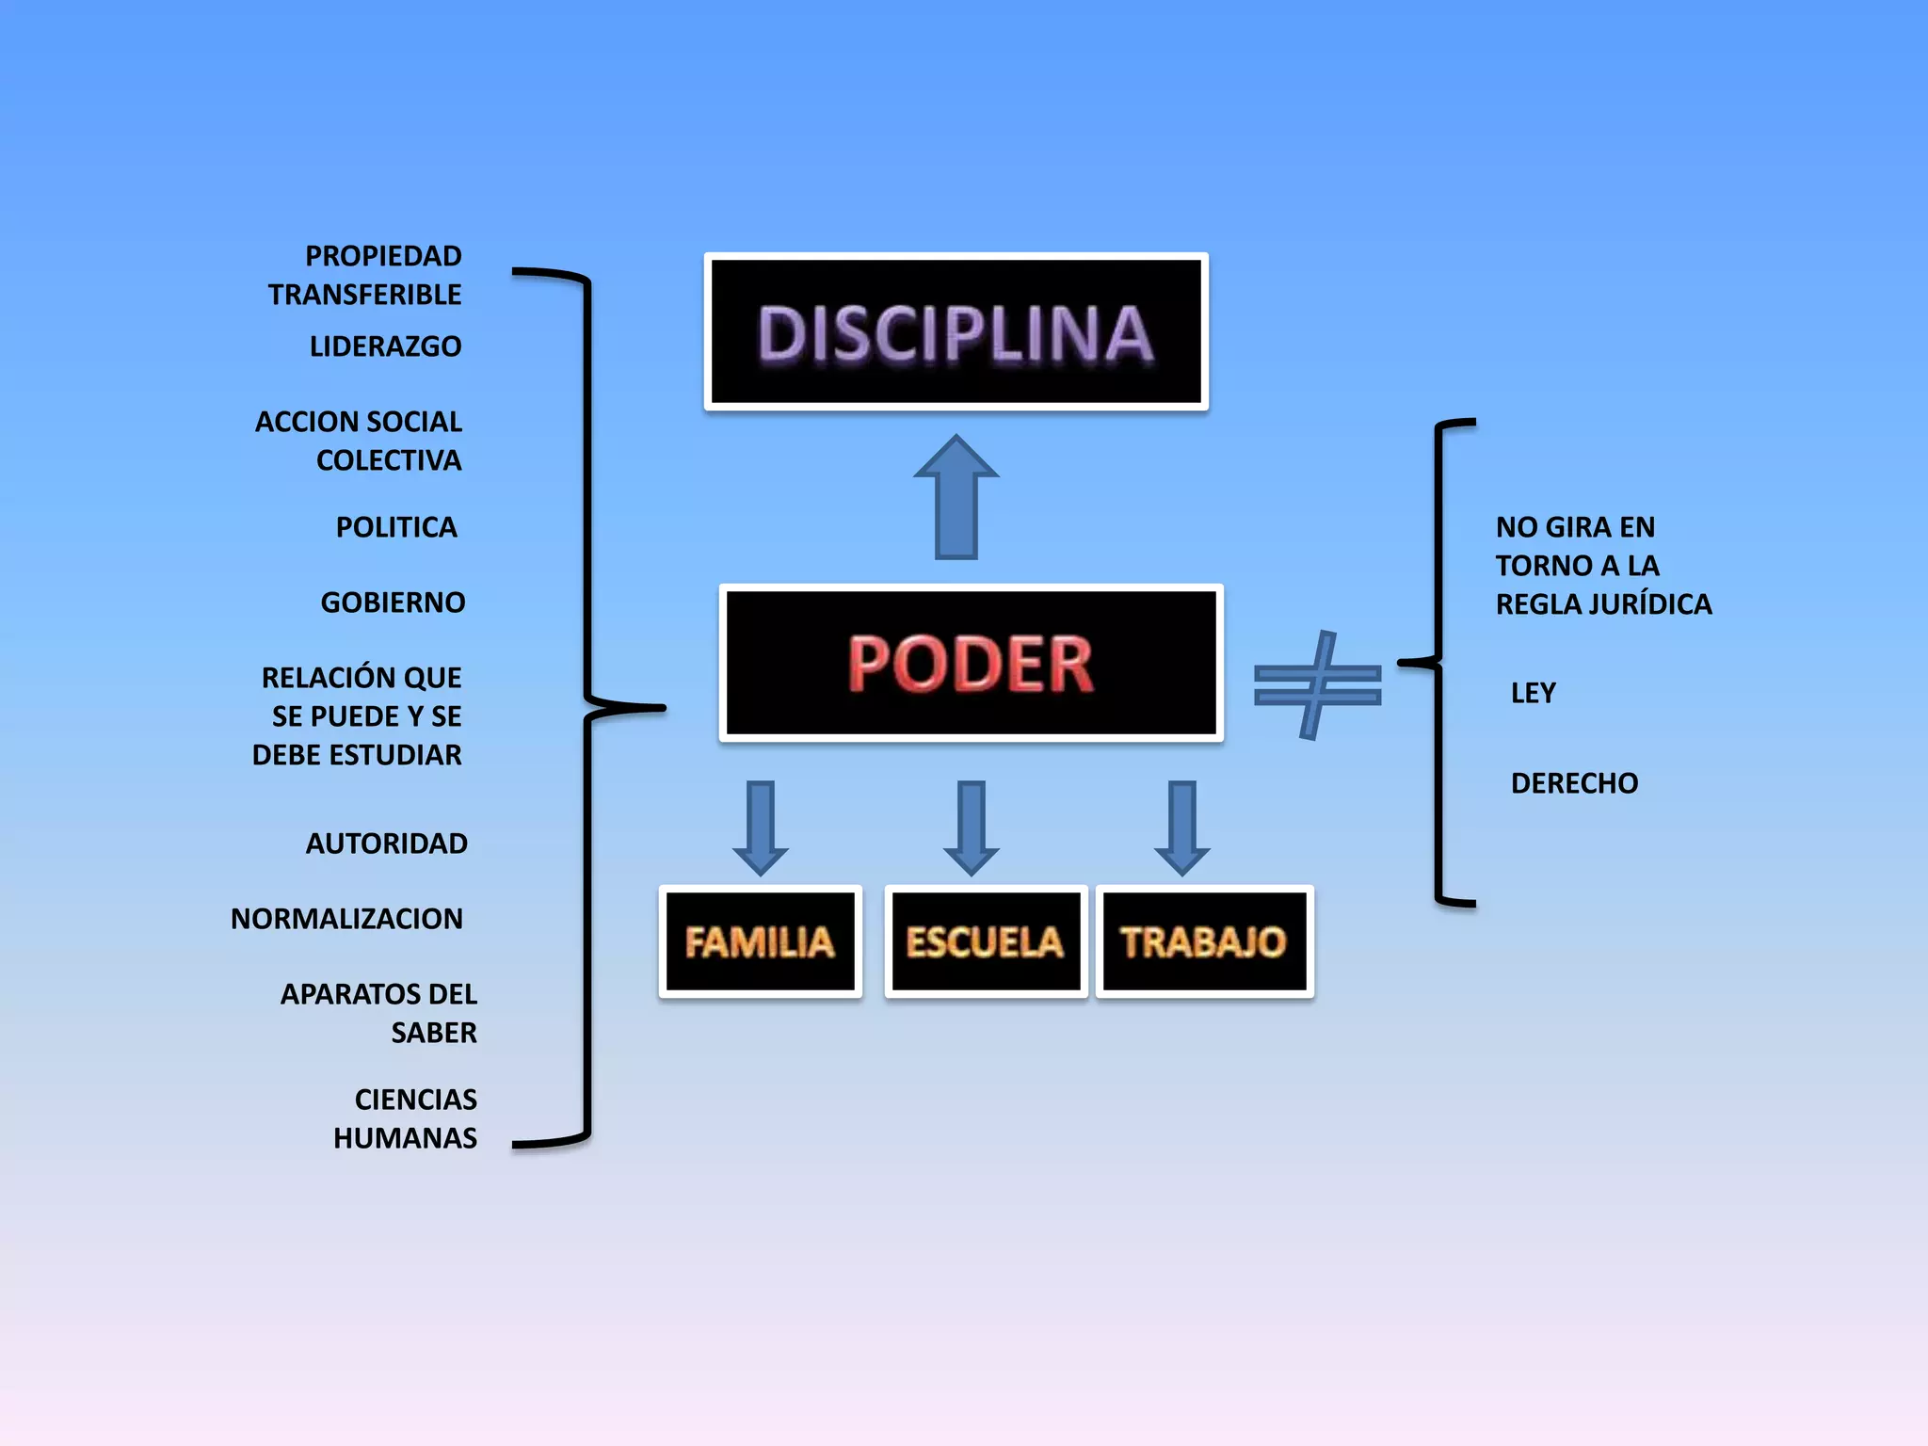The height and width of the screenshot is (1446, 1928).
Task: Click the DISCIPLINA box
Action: [956, 331]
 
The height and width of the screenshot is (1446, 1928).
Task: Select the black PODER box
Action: [971, 663]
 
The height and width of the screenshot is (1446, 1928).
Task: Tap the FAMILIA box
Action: [760, 941]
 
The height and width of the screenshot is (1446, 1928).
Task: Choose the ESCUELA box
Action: [985, 941]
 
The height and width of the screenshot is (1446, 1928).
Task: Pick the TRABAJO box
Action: [1204, 941]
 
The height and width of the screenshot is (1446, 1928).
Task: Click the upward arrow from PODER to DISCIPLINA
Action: [956, 499]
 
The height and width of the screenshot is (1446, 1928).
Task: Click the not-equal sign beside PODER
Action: [1317, 684]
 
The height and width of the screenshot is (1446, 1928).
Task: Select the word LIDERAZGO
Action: [385, 346]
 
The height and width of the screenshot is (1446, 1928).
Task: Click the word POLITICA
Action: [396, 527]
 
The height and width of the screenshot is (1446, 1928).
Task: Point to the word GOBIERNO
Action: [393, 602]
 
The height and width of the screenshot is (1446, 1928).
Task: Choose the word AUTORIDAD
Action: [386, 843]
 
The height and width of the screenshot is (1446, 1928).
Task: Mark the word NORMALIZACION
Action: [346, 919]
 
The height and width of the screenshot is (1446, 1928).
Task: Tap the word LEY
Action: [1533, 693]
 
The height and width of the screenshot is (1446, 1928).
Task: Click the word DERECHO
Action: [1574, 783]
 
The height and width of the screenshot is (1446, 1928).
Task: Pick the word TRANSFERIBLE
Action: [364, 295]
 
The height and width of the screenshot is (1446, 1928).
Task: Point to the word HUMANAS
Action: [405, 1138]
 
